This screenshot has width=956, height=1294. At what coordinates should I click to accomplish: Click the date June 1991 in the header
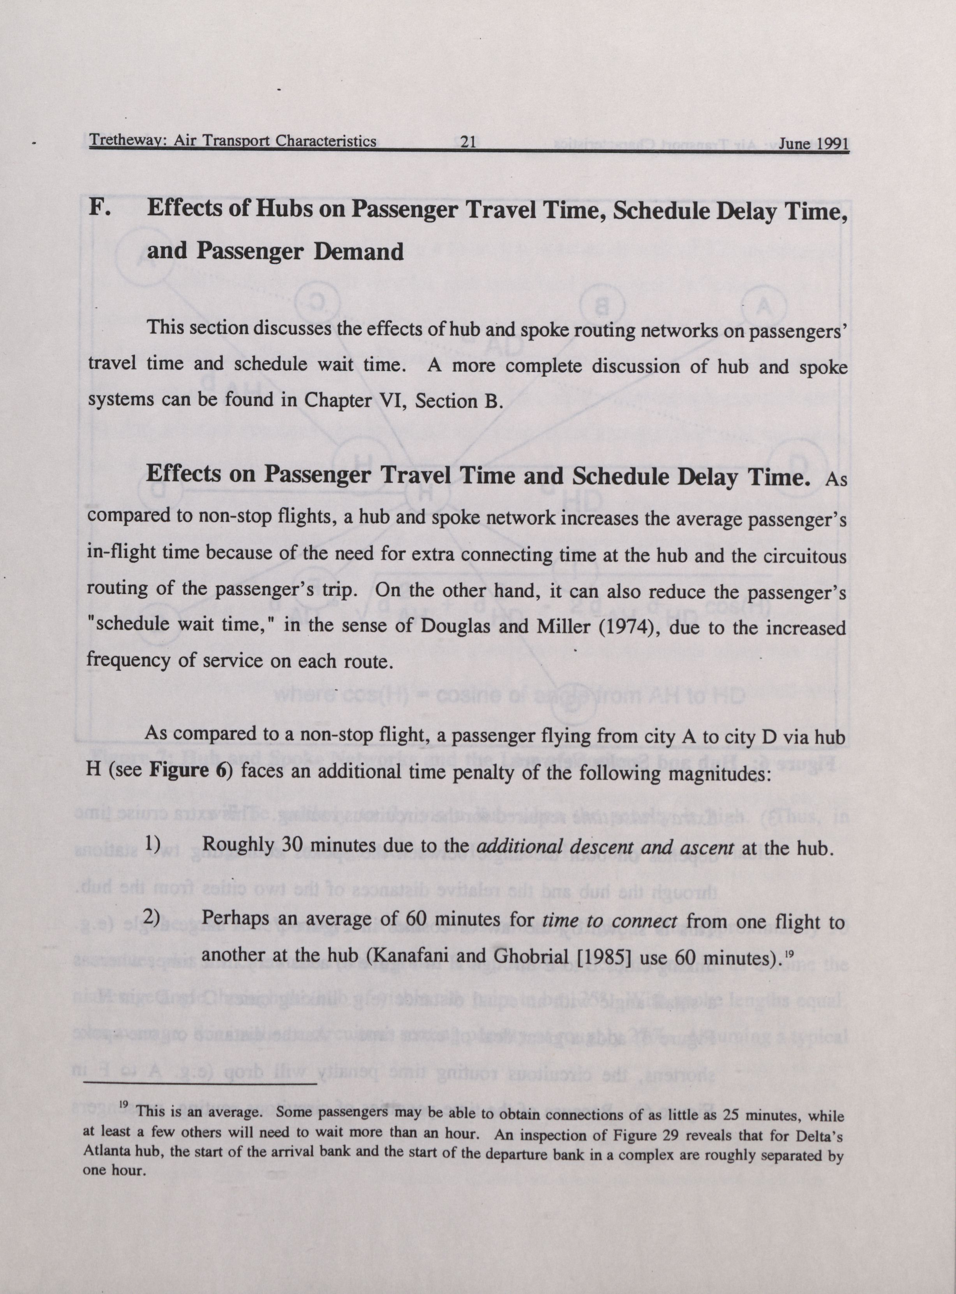coord(813,143)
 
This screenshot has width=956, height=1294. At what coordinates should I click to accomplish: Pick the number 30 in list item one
coord(296,846)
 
